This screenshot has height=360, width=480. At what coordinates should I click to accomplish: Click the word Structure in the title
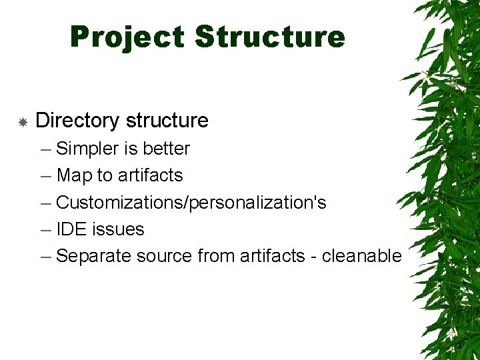click(x=270, y=37)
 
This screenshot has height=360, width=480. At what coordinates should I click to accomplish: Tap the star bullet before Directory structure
click(x=22, y=122)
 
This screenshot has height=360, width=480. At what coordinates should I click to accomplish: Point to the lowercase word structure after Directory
click(x=167, y=121)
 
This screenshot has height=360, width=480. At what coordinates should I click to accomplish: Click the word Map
click(x=74, y=175)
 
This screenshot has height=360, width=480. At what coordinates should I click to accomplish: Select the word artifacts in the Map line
click(x=150, y=175)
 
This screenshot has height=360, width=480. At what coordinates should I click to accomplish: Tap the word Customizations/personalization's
click(x=191, y=202)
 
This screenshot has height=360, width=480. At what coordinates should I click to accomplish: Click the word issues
click(x=118, y=229)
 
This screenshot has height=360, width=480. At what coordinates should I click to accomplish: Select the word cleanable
click(x=362, y=256)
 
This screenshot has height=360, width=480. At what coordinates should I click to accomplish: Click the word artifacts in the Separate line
click(x=269, y=256)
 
